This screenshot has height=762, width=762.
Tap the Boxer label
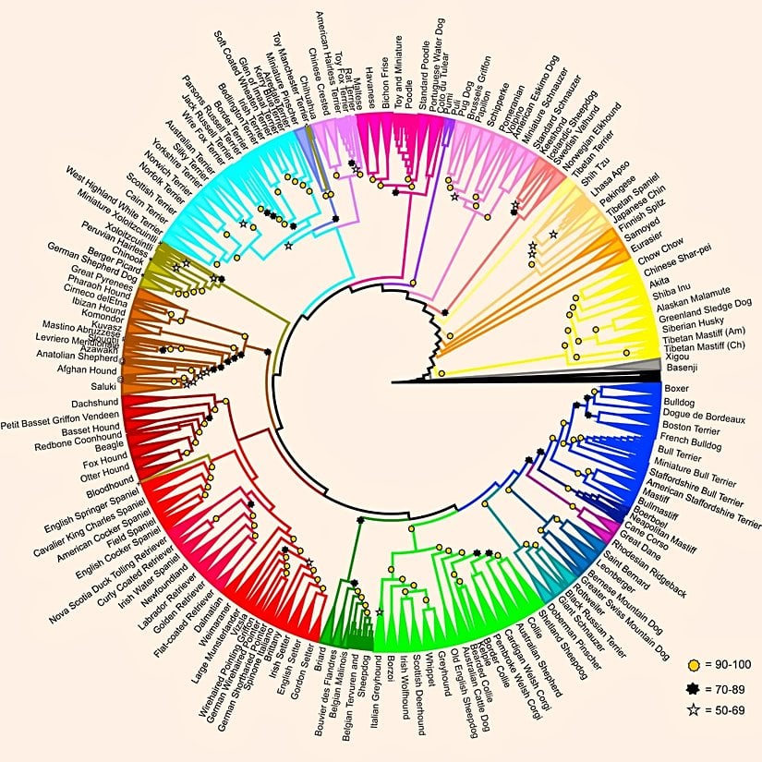click(x=676, y=390)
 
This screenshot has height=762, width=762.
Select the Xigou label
click(x=677, y=355)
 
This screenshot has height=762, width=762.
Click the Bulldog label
click(x=679, y=404)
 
